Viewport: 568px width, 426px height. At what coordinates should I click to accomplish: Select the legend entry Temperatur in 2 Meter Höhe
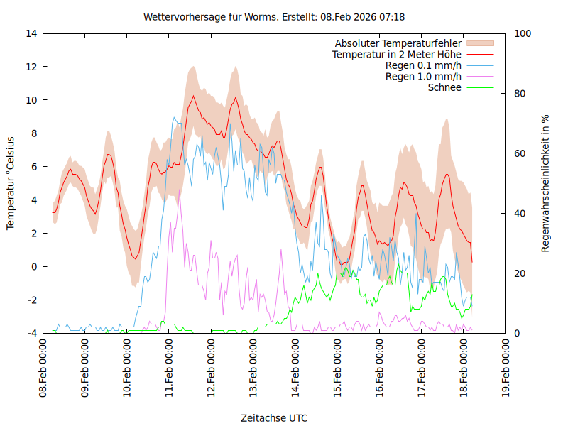point(397,54)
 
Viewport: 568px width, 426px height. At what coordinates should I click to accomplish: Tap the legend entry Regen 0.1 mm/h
point(423,65)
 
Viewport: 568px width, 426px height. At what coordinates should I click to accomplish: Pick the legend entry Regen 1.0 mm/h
point(423,76)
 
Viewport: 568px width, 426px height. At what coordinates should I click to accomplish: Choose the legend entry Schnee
point(444,87)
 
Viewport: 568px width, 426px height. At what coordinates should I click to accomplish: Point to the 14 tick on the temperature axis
point(31,33)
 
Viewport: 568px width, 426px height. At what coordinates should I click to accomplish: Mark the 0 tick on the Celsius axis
point(33,266)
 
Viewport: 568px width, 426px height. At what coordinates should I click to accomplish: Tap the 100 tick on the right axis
point(523,33)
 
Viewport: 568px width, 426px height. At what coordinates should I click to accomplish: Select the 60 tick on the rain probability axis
point(520,153)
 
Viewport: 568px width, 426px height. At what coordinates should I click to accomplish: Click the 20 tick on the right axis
point(520,273)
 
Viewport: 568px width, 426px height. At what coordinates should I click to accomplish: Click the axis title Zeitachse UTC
point(274,417)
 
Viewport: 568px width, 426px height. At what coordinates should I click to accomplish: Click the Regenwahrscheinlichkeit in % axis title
point(546,183)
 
